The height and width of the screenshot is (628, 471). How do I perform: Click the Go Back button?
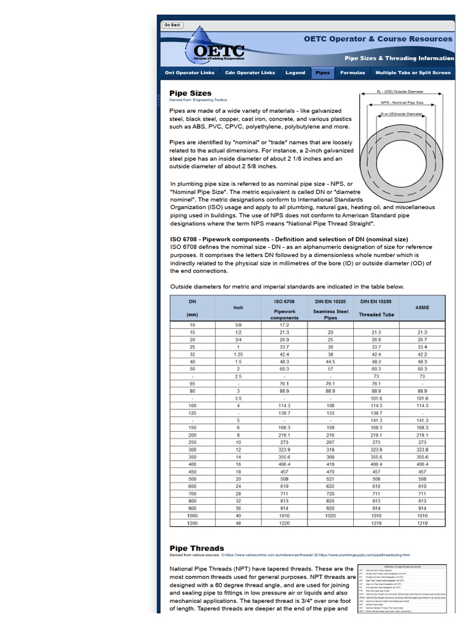(x=172, y=25)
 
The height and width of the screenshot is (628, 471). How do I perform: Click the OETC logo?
(x=218, y=51)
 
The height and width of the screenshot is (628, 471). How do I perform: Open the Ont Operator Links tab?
(x=190, y=72)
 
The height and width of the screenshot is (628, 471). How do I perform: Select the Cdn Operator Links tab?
(x=250, y=72)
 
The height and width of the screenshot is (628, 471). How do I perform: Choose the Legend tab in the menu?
(x=295, y=72)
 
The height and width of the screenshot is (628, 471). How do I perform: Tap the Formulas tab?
(x=352, y=72)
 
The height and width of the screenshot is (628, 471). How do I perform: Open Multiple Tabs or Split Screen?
(x=412, y=72)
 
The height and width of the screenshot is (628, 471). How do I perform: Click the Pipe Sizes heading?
(x=190, y=93)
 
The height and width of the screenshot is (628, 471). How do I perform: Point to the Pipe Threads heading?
(x=196, y=548)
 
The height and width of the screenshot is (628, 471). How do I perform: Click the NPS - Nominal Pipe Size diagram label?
(x=402, y=102)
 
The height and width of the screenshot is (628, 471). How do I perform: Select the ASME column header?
(x=423, y=307)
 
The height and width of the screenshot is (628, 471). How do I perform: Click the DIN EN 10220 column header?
(x=331, y=301)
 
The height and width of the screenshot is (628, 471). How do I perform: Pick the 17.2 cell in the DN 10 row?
(x=284, y=324)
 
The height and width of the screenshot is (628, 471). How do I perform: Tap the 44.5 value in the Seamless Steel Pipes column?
(x=331, y=362)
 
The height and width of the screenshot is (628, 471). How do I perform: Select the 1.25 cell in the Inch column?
(x=238, y=354)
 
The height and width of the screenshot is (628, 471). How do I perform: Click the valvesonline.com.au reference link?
(x=270, y=555)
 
